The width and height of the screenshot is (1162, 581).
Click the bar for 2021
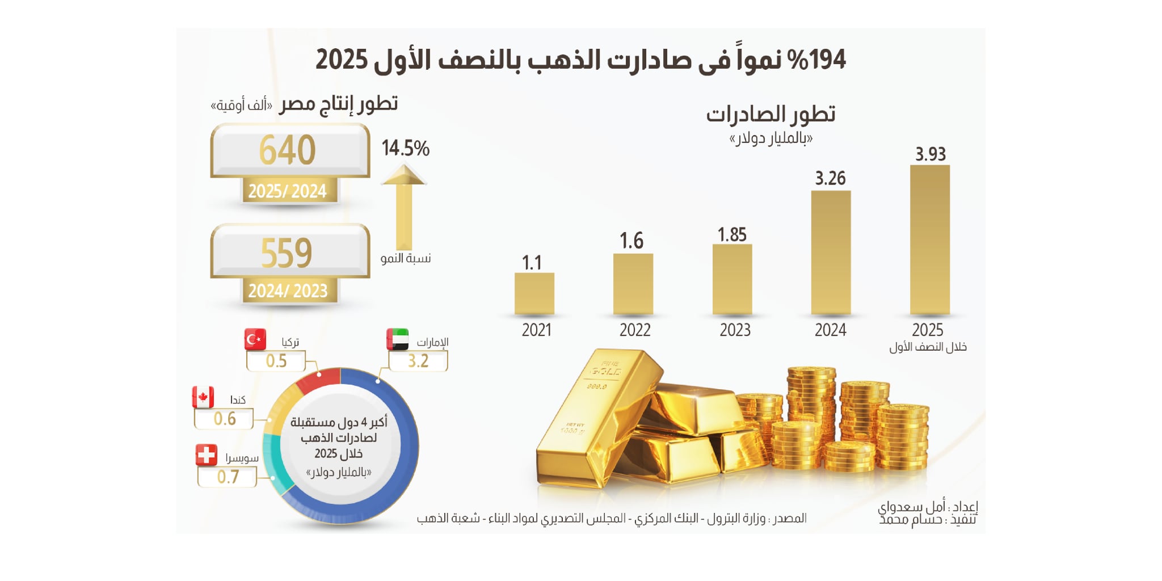[534, 293]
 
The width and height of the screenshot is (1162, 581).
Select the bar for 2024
[831, 252]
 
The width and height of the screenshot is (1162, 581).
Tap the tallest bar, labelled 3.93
[929, 239]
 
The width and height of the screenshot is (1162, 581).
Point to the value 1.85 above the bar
[732, 234]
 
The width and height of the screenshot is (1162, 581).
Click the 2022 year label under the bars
[634, 330]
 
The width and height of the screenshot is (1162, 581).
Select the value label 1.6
[631, 241]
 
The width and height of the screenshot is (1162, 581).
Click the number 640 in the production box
[287, 150]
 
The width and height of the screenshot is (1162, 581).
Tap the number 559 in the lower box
[287, 253]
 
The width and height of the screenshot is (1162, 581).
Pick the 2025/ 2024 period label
[287, 191]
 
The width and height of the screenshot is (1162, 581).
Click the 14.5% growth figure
[405, 148]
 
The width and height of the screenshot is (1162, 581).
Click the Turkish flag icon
[255, 339]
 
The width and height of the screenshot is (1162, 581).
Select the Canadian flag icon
[203, 397]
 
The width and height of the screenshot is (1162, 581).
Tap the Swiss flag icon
[206, 455]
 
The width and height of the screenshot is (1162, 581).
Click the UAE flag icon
[398, 339]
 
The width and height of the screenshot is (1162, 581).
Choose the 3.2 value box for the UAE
[418, 361]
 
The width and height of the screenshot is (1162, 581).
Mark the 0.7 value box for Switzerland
[228, 477]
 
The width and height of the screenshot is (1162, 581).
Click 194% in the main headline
[818, 60]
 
